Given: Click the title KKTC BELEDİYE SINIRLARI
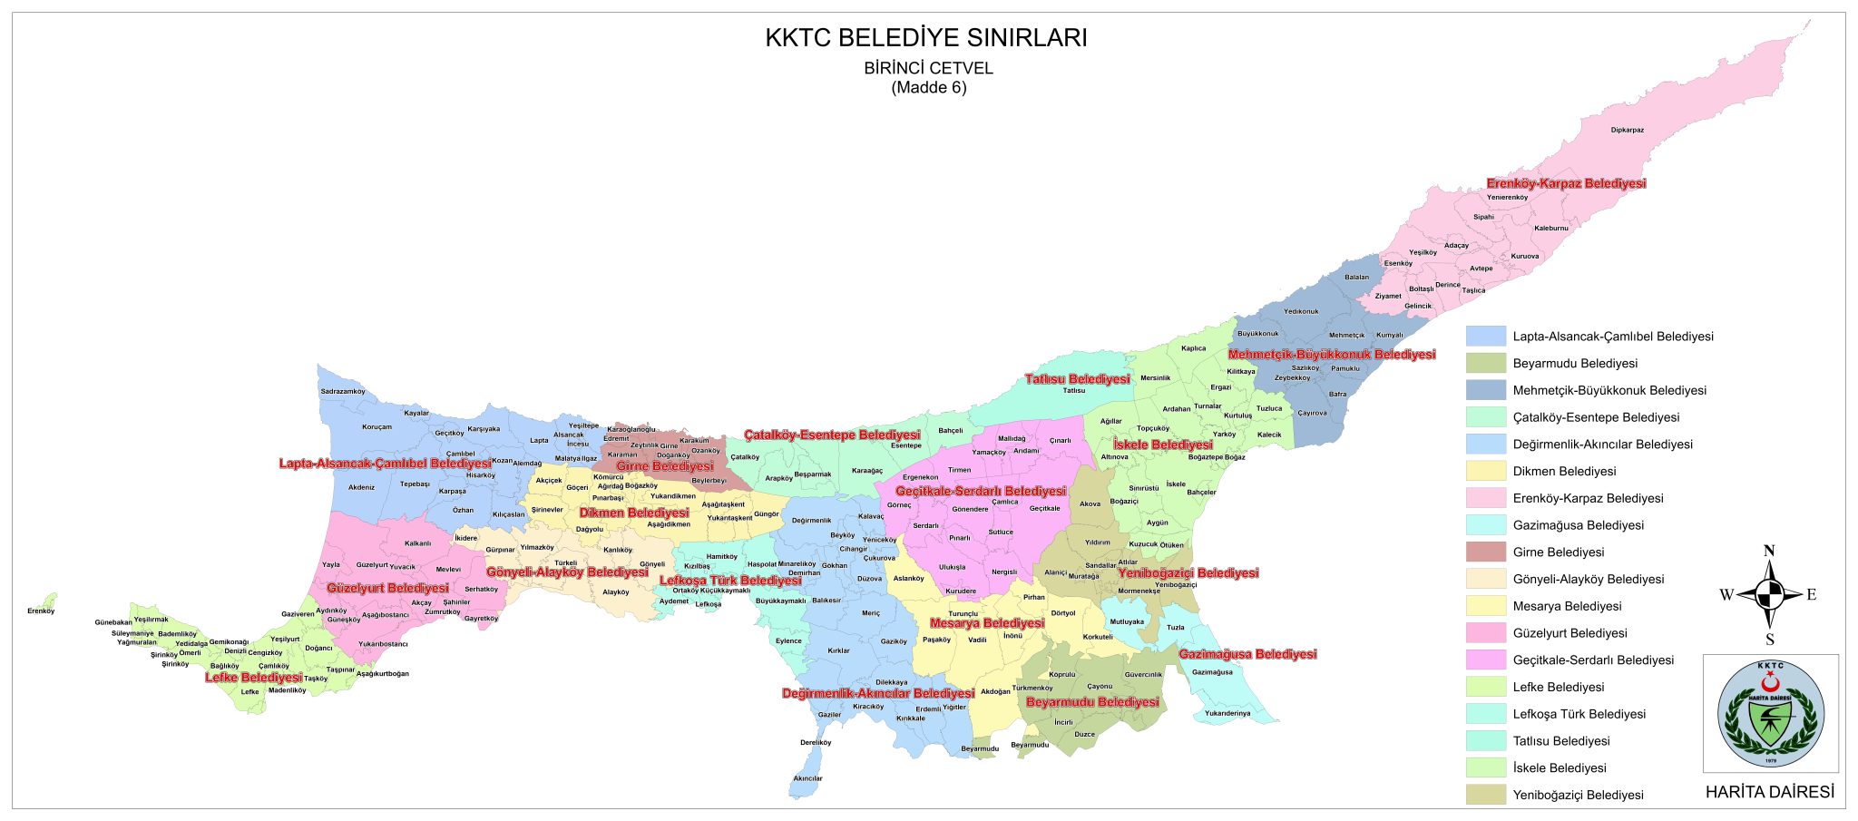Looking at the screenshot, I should click(x=926, y=38).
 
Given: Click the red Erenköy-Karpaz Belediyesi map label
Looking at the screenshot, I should click(x=1565, y=183).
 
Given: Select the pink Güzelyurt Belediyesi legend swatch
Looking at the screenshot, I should click(x=1485, y=633).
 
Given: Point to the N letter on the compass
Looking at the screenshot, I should click(x=1768, y=551).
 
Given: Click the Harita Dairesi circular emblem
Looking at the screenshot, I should click(x=1770, y=714).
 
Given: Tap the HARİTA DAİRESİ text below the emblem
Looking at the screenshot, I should click(x=1769, y=792).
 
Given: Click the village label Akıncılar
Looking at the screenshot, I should click(x=807, y=778).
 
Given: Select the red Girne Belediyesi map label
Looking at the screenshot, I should click(x=664, y=466).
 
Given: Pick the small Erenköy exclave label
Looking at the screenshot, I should click(x=41, y=611).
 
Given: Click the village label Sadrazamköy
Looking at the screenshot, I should click(x=343, y=392).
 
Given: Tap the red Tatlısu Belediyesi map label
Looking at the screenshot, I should click(x=1077, y=379).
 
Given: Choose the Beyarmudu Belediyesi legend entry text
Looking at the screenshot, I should click(x=1575, y=364).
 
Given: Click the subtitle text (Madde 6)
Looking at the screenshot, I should click(x=928, y=88).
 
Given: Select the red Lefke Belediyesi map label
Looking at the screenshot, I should click(x=253, y=678).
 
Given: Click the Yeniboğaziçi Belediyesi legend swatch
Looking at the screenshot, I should click(x=1485, y=795).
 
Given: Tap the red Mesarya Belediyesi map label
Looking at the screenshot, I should click(x=986, y=623).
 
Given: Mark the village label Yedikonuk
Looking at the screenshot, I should click(x=1301, y=312).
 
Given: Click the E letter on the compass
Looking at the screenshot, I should click(x=1811, y=595).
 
